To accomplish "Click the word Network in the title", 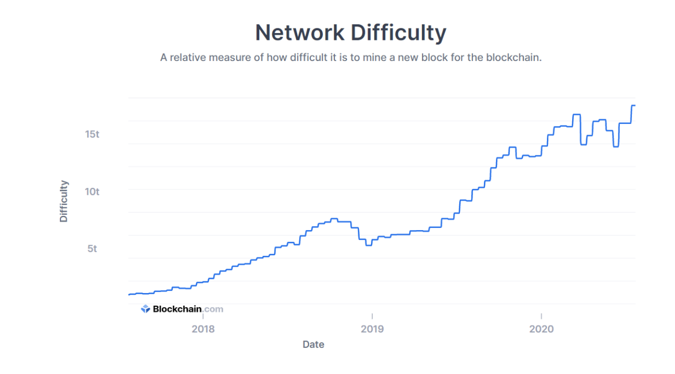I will (x=299, y=33).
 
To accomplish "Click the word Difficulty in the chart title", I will (x=398, y=33).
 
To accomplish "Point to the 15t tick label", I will (x=92, y=134).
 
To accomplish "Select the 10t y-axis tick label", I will (x=92, y=191).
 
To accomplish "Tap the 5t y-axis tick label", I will (x=92, y=248).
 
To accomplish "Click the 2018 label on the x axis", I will (x=203, y=329).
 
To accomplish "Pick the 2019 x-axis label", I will (x=372, y=329).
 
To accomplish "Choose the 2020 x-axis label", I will (x=541, y=329).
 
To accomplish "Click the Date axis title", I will (x=313, y=345).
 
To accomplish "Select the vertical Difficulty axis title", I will (x=64, y=201).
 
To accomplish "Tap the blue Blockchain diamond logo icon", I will (x=145, y=309).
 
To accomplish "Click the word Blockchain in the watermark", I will (x=177, y=309).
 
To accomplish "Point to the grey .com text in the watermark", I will (x=213, y=309).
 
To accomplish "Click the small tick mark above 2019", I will (x=372, y=315).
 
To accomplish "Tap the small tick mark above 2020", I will (x=541, y=315).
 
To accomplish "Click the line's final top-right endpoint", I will (x=635, y=106).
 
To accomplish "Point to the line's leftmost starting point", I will (x=129, y=295).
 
